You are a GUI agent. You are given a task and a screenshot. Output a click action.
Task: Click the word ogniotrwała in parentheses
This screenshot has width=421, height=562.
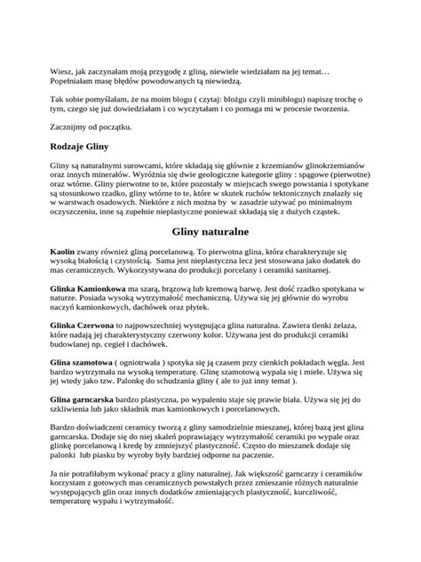[158, 364]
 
